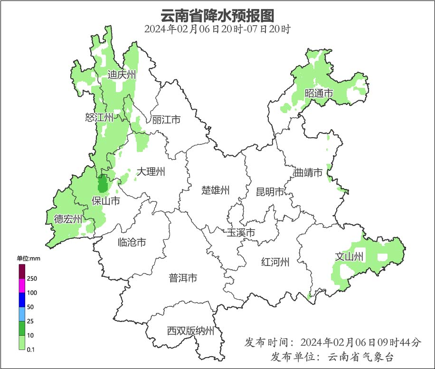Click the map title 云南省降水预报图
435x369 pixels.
coord(217,16)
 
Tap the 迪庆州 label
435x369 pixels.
coord(122,75)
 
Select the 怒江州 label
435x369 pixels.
coord(99,117)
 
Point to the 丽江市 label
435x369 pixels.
coord(166,120)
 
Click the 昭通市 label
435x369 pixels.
coord(319,94)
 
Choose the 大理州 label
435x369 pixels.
coord(151,171)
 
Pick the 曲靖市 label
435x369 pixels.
coord(308,172)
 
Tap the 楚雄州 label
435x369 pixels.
coord(216,190)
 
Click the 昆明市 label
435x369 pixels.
coord(270,192)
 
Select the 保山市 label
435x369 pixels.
coord(105,201)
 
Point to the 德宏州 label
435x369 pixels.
coord(68,219)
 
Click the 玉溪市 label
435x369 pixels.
coord(241,233)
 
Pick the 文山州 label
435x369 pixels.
coord(350,257)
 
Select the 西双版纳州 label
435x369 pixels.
coord(190,331)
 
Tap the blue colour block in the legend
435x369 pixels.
coord(22,300)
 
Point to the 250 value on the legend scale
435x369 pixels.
coord(32,278)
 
